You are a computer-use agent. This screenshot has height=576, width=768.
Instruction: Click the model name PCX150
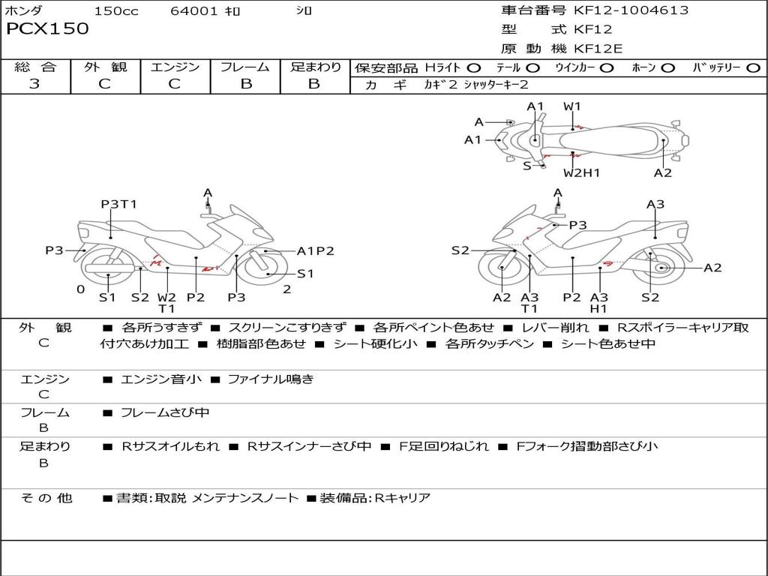47,29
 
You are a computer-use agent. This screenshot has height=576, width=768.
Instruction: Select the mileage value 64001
194,11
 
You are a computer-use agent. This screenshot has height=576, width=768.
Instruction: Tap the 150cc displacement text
116,11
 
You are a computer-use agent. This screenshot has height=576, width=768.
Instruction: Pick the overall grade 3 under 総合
34,84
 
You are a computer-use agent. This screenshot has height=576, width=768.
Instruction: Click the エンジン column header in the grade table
175,67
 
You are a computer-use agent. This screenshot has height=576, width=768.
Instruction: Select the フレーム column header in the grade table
245,67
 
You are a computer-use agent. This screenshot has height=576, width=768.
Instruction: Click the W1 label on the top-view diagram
572,106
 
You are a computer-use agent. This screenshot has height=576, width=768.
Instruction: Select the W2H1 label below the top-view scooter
582,173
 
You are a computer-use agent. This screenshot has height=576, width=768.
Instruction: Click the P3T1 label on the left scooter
119,204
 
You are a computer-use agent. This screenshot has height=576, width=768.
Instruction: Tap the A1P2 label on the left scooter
316,251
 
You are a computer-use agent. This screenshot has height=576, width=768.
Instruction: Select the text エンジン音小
161,379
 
